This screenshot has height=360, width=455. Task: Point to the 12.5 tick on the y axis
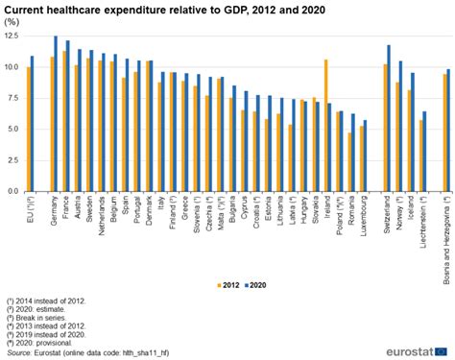point(12,36)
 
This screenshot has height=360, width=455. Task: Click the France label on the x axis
point(66,208)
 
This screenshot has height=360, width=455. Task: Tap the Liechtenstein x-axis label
point(423,221)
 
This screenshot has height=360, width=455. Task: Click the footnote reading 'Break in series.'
point(37,313)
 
